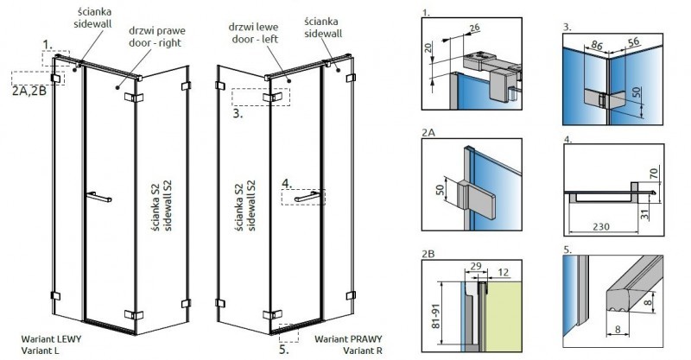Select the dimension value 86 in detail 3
click(598, 40)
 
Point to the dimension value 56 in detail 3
click(634, 40)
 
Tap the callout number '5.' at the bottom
click(284, 350)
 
